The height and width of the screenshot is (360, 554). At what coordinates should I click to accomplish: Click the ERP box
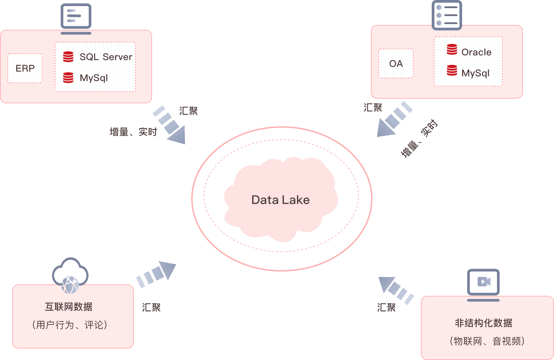[x=25, y=68]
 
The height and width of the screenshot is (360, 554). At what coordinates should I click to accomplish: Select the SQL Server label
[x=106, y=57]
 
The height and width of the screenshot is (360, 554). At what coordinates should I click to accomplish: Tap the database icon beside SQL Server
[x=68, y=57]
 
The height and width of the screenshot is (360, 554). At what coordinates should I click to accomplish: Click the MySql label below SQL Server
[x=94, y=78]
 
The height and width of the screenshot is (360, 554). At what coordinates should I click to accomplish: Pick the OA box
[x=396, y=63]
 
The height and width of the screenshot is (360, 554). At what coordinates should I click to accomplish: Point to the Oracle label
[x=476, y=52]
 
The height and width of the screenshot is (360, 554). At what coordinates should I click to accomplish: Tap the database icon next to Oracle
[x=452, y=49]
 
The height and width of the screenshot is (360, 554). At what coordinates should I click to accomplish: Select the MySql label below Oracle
[x=475, y=73]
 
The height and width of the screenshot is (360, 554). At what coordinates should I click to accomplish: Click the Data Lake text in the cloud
[x=280, y=200]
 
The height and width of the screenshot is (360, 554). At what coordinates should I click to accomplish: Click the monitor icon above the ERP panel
[x=76, y=18]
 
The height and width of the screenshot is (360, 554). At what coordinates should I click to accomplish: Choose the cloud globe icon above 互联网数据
[x=70, y=275]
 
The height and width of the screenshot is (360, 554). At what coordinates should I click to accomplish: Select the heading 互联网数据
[x=69, y=307]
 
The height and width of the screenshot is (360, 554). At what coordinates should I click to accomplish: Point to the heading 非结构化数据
[x=483, y=323]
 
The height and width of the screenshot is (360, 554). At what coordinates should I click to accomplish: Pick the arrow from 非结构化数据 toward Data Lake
[x=395, y=289]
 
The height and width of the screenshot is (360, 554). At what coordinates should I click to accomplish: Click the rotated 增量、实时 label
[x=419, y=138]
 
